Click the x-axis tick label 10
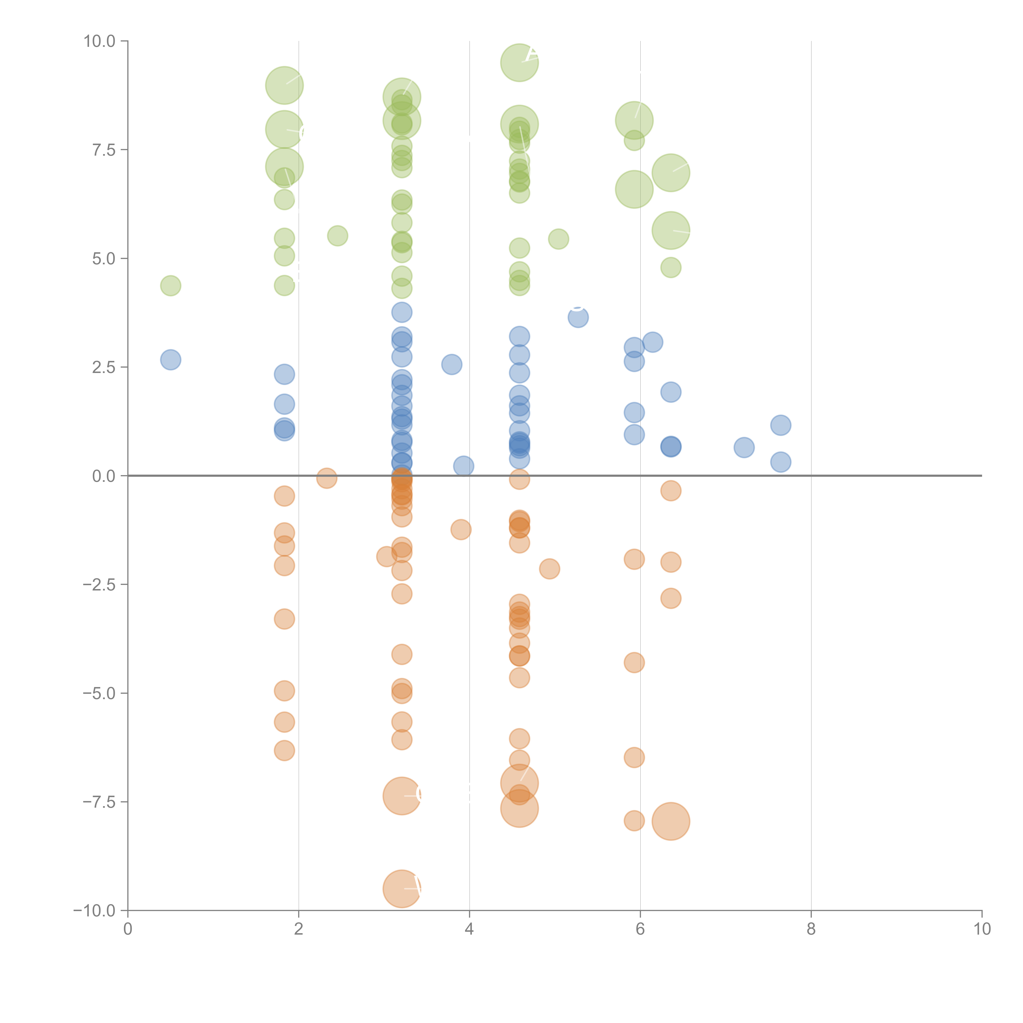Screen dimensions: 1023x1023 pos(982,929)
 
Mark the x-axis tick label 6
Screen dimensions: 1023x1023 pos(640,929)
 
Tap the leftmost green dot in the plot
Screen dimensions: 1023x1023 pos(170,286)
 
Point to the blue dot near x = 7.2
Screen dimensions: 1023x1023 pos(744,447)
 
